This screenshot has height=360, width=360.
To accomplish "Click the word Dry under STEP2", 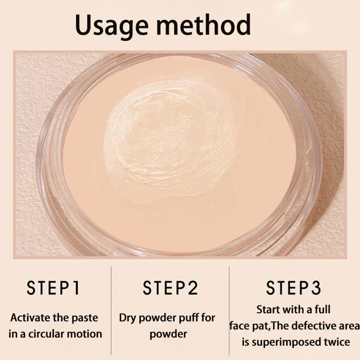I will (x=127, y=318).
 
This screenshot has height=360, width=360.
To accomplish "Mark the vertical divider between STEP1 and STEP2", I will (x=111, y=310).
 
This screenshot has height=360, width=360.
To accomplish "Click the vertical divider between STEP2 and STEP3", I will (x=229, y=310).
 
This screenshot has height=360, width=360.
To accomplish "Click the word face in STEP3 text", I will (x=239, y=326).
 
